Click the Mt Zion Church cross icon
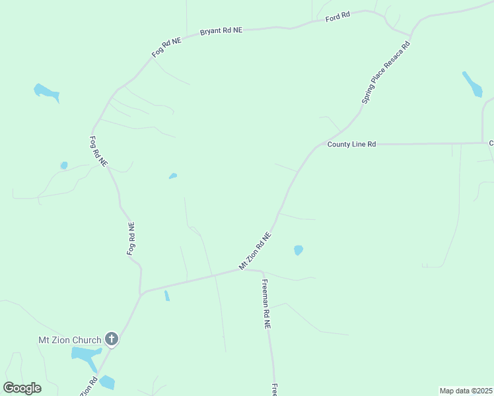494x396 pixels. click(112, 340)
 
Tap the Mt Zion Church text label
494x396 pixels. click(69, 341)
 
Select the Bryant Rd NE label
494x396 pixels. click(221, 31)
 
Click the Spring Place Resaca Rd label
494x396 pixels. click(386, 73)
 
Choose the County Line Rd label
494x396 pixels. click(351, 144)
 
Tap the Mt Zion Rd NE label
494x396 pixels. click(255, 250)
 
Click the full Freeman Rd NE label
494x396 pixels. click(266, 304)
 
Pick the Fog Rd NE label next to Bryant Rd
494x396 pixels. click(166, 48)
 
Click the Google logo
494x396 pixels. click(22, 388)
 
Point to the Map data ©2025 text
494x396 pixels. click(466, 391)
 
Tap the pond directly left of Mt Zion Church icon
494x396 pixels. click(85, 357)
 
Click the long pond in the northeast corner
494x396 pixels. click(472, 84)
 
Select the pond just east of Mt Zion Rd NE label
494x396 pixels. click(299, 250)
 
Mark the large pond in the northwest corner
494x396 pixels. click(46, 92)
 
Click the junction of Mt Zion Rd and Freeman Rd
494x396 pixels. click(262, 271)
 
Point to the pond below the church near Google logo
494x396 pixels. click(107, 382)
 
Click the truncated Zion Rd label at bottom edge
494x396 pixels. click(88, 386)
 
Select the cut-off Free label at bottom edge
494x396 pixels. click(273, 389)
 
